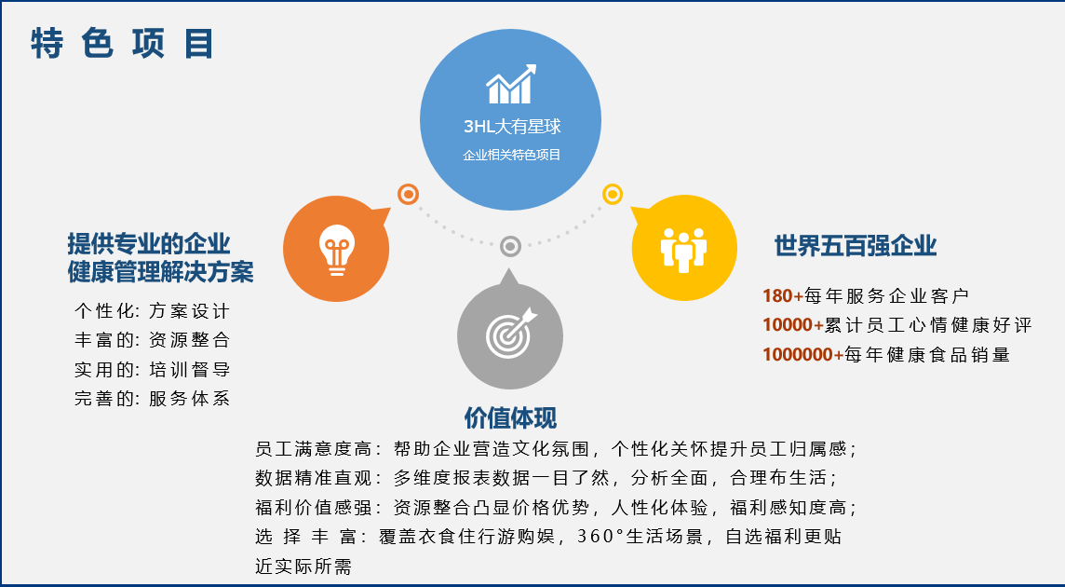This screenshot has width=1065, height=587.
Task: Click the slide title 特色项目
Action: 122,44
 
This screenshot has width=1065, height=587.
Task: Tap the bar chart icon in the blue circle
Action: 511,85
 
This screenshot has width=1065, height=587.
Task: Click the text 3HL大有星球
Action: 512,127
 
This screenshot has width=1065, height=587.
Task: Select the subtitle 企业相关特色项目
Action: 511,155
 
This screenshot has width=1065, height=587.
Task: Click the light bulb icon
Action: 336,250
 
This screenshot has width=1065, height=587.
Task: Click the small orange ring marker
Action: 408,195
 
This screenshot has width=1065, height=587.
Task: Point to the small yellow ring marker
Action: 612,195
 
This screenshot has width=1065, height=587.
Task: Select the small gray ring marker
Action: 510,246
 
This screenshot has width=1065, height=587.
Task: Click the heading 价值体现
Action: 510,417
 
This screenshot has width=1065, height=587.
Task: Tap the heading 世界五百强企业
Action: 856,246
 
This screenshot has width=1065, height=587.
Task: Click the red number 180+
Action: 782,296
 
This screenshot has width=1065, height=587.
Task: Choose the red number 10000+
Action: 792,325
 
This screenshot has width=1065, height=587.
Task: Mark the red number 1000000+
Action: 802,354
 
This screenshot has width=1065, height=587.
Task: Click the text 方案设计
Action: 190,311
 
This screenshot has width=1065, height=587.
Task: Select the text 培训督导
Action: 190,370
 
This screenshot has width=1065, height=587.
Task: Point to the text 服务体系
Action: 190,399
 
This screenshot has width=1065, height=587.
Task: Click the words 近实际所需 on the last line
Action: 303,566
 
